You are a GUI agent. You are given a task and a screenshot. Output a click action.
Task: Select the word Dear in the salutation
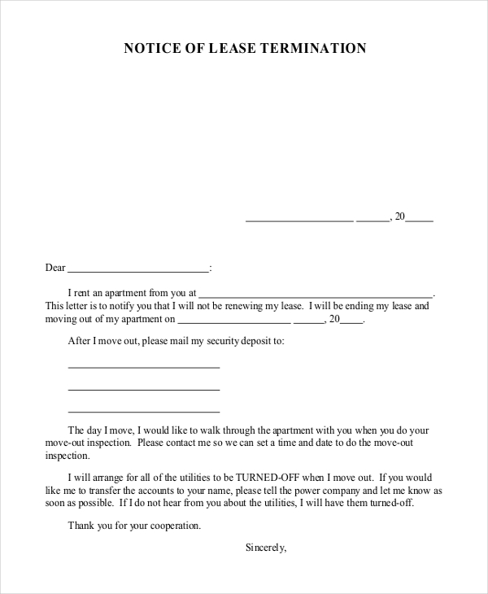tap(54, 268)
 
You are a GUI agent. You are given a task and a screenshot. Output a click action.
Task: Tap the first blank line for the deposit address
tap(144, 367)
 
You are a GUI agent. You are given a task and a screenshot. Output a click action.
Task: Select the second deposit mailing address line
tap(144, 388)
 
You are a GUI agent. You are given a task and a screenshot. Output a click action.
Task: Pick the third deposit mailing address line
tap(144, 410)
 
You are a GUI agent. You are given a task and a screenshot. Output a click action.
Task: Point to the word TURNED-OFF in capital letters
tap(260, 478)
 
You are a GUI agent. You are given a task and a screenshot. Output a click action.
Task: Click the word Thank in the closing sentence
tap(81, 526)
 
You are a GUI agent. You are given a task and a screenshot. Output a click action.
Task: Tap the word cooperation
tap(173, 526)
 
